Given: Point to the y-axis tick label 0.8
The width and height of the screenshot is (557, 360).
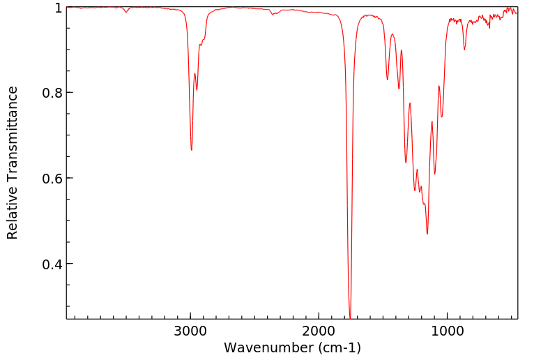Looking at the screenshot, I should [x=54, y=93].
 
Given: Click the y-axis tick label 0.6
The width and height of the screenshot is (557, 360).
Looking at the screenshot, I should [x=54, y=179].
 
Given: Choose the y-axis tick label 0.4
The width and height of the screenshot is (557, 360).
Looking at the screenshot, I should [x=54, y=264].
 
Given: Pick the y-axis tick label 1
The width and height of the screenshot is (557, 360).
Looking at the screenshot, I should [x=59, y=8].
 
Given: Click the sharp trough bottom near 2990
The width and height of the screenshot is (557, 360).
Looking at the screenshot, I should [x=192, y=150].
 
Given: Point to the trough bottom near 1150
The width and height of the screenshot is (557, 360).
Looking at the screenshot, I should [x=427, y=234].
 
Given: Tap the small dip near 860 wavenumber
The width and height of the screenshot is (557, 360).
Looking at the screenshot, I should [x=465, y=50].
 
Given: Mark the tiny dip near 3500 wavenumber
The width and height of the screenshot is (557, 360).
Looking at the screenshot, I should [x=126, y=13].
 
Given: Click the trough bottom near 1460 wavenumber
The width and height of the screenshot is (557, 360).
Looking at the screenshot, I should [x=388, y=80].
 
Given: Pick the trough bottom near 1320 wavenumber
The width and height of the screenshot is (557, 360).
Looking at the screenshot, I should [x=406, y=163].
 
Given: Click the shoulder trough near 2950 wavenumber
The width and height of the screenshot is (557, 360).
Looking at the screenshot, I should [x=197, y=90].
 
